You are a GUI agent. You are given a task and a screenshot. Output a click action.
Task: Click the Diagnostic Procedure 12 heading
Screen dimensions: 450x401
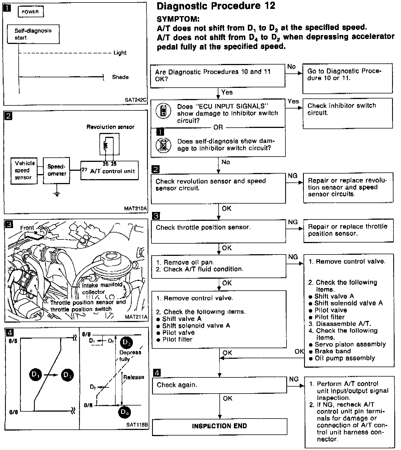point(216,6)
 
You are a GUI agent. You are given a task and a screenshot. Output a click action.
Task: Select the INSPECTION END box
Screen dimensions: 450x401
point(219,426)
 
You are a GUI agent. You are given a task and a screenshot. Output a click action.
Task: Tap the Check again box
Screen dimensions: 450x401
point(219,385)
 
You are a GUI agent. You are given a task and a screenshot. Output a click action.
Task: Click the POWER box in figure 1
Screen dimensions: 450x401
point(30,12)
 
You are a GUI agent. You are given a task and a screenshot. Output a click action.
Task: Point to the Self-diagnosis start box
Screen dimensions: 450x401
point(33,34)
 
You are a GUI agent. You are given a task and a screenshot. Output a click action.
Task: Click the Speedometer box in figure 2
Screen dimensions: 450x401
point(57,170)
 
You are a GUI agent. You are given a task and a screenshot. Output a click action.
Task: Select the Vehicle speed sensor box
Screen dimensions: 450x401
point(24,170)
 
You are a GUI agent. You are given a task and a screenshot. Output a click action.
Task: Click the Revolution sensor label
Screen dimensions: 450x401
point(110,127)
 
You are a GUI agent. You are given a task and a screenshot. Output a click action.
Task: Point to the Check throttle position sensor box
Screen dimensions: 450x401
point(218,231)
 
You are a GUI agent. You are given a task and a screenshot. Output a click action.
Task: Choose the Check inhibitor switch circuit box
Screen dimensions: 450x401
point(348,113)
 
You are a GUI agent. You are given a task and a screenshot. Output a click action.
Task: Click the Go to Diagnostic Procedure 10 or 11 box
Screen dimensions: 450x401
point(347,78)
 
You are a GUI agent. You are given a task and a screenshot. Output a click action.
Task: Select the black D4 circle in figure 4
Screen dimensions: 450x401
point(124,412)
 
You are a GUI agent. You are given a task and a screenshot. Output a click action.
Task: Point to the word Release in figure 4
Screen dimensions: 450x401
point(134,377)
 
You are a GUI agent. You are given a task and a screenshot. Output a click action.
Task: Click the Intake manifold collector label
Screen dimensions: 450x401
point(102,288)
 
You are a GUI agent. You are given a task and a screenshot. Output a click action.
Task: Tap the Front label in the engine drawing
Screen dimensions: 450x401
point(27,228)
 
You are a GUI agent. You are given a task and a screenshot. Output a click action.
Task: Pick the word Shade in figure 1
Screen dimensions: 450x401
point(120,77)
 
